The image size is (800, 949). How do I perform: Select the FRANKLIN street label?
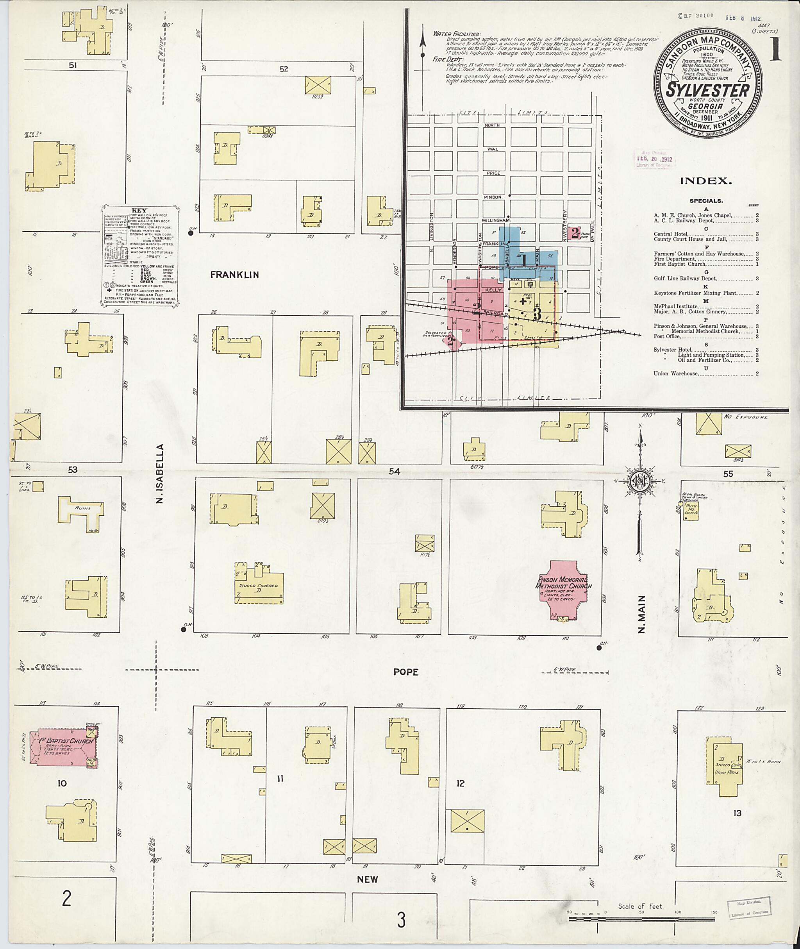click(234, 274)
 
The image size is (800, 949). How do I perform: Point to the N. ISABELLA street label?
click(159, 474)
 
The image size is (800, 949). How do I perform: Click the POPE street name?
click(405, 672)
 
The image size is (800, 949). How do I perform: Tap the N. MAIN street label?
click(641, 615)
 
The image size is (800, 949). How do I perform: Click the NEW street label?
click(367, 879)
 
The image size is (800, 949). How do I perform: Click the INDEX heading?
click(706, 181)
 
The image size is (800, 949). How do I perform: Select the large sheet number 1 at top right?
click(775, 49)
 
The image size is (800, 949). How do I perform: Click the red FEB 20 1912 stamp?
click(654, 159)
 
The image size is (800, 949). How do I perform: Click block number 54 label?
click(394, 472)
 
